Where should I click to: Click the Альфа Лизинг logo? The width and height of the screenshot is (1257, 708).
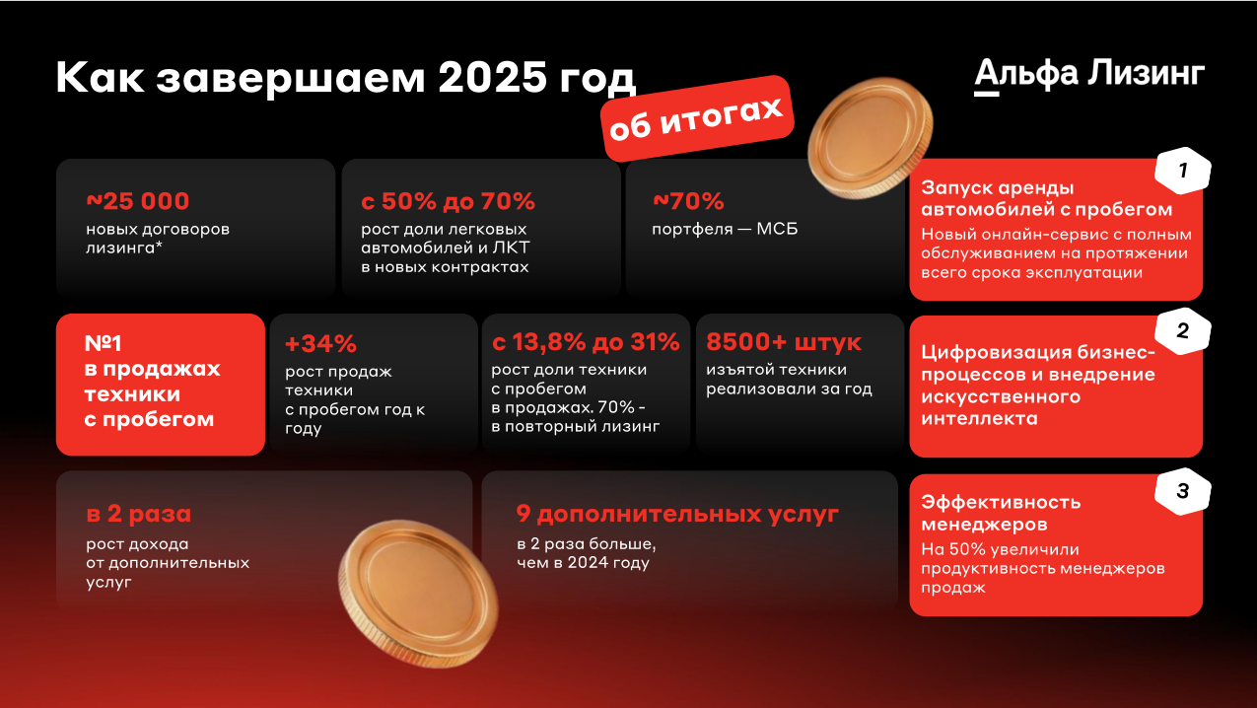coord(1089,75)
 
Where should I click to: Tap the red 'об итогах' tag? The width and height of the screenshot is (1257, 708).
coord(697,119)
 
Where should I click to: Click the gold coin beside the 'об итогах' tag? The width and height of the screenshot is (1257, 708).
coord(870,138)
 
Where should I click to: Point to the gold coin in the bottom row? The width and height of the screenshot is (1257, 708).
coord(418,594)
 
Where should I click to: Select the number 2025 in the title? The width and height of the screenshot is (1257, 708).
coord(492,77)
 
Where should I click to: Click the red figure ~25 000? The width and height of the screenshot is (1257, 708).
coord(137,201)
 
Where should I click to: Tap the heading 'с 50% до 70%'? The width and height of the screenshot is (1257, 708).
coord(448,201)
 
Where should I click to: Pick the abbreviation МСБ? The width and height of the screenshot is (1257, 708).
coord(777,229)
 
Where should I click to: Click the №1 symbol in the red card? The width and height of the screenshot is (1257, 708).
coord(103,343)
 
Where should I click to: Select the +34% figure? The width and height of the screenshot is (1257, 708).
coord(320,343)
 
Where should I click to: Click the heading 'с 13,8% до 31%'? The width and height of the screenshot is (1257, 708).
coord(586,342)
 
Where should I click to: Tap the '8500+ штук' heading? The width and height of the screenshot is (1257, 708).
coord(784,342)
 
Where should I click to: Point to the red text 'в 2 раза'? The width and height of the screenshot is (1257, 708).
coord(139,514)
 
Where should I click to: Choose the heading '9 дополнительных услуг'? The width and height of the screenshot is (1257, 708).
coord(677,515)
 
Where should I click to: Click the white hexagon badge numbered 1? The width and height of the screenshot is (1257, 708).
coord(1182,171)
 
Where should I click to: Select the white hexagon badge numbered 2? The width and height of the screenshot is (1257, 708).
coord(1182,331)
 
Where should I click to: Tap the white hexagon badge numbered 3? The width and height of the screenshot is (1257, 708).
coord(1182,491)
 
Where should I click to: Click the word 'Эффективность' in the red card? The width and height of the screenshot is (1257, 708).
coord(1001,502)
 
